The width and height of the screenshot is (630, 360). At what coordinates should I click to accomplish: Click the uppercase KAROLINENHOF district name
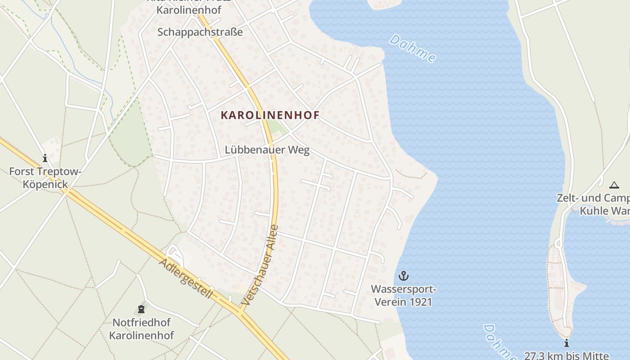tap(270, 115)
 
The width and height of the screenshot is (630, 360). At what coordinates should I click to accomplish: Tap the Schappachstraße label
tap(200, 32)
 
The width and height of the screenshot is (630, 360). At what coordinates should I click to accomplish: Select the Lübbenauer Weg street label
tap(268, 150)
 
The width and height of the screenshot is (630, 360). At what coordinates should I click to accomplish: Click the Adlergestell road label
tap(185, 279)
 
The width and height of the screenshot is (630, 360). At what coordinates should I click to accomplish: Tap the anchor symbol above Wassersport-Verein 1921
tap(403, 275)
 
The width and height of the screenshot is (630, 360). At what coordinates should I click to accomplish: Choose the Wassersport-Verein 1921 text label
tap(403, 295)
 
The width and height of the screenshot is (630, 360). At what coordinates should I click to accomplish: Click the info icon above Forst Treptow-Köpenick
tap(45, 158)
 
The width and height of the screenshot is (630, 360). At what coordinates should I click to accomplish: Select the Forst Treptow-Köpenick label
tap(45, 177)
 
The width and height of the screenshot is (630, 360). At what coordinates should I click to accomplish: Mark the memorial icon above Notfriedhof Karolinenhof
tap(141, 309)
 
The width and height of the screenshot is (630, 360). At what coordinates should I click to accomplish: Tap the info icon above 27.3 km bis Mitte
tap(567, 343)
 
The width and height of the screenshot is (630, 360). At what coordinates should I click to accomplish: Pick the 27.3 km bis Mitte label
tap(566, 355)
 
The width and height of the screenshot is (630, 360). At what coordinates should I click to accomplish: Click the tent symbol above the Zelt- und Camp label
tap(614, 185)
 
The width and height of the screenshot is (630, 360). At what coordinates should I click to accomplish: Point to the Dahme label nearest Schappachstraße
tap(413, 48)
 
